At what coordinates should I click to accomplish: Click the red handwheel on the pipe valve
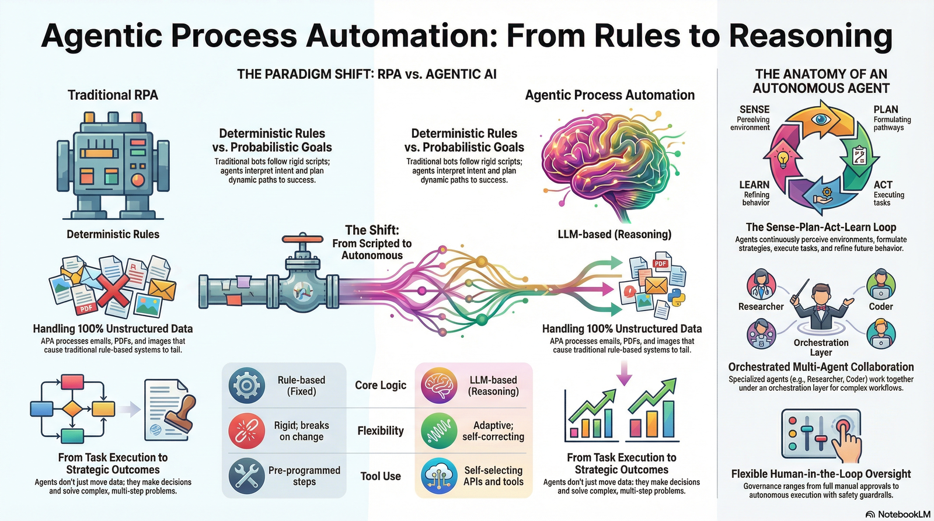point(302,239)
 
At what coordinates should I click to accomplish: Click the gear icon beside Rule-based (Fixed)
point(246,385)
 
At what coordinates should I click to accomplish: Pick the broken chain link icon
point(246,431)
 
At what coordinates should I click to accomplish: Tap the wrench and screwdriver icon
point(246,475)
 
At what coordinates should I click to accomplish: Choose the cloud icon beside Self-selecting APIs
point(438,475)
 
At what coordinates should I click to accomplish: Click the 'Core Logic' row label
point(381,385)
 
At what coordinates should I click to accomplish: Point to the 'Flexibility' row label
point(381,431)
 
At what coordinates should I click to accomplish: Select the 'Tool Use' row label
point(381,476)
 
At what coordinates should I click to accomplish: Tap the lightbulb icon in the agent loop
point(782,158)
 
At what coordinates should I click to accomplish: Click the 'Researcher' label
point(761,306)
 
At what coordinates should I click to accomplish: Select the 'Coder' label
point(880,306)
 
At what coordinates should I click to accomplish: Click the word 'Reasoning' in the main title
point(811,36)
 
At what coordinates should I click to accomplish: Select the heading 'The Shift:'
point(372,230)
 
